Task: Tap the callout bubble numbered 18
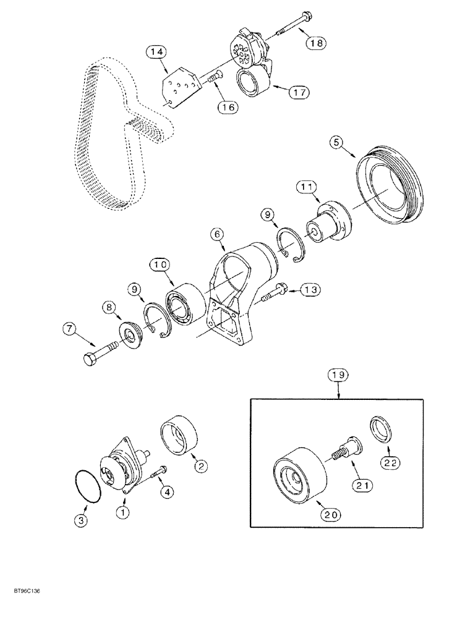317,43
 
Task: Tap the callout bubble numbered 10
160,265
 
